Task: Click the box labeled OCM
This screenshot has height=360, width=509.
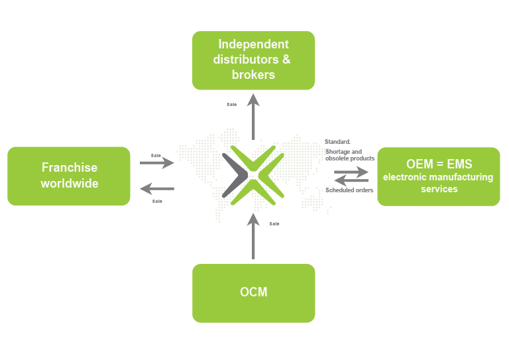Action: (x=253, y=293)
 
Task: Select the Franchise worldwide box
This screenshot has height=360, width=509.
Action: (x=69, y=176)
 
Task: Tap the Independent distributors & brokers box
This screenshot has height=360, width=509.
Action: (x=253, y=60)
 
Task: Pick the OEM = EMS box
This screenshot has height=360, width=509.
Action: (x=439, y=176)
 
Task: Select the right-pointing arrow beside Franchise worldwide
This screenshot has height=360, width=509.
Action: (x=158, y=162)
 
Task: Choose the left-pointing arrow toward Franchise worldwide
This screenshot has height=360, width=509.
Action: (x=157, y=189)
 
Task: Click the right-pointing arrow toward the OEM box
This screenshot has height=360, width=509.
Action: (x=352, y=171)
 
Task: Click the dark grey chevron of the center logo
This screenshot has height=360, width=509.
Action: (x=234, y=175)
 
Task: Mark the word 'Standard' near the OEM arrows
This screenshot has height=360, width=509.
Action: (x=337, y=142)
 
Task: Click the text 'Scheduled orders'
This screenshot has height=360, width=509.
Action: (x=349, y=191)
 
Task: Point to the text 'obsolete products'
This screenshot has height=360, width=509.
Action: (x=350, y=158)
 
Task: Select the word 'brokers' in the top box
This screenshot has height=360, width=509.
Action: (x=253, y=74)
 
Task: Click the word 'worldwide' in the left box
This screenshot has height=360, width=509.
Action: (x=70, y=184)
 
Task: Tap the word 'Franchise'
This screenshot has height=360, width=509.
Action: (x=70, y=168)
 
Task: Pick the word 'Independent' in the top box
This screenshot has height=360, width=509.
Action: (x=253, y=44)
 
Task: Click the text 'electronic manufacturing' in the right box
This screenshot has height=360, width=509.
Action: (x=438, y=178)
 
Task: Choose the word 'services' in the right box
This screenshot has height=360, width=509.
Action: (x=439, y=189)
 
